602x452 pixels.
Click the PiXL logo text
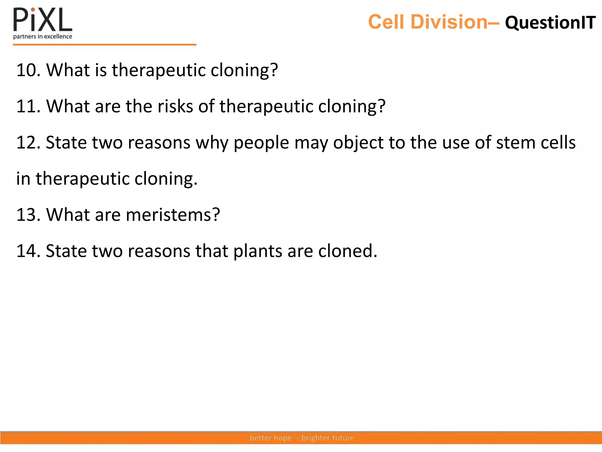click(43, 20)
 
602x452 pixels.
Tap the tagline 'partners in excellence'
click(43, 36)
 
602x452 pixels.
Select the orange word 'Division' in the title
click(449, 22)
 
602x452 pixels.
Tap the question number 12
click(28, 142)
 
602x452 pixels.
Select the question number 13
click(28, 215)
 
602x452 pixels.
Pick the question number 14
click(28, 251)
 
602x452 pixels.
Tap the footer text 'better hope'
click(270, 438)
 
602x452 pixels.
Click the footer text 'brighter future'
click(328, 438)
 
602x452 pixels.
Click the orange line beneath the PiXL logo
click(104, 45)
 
